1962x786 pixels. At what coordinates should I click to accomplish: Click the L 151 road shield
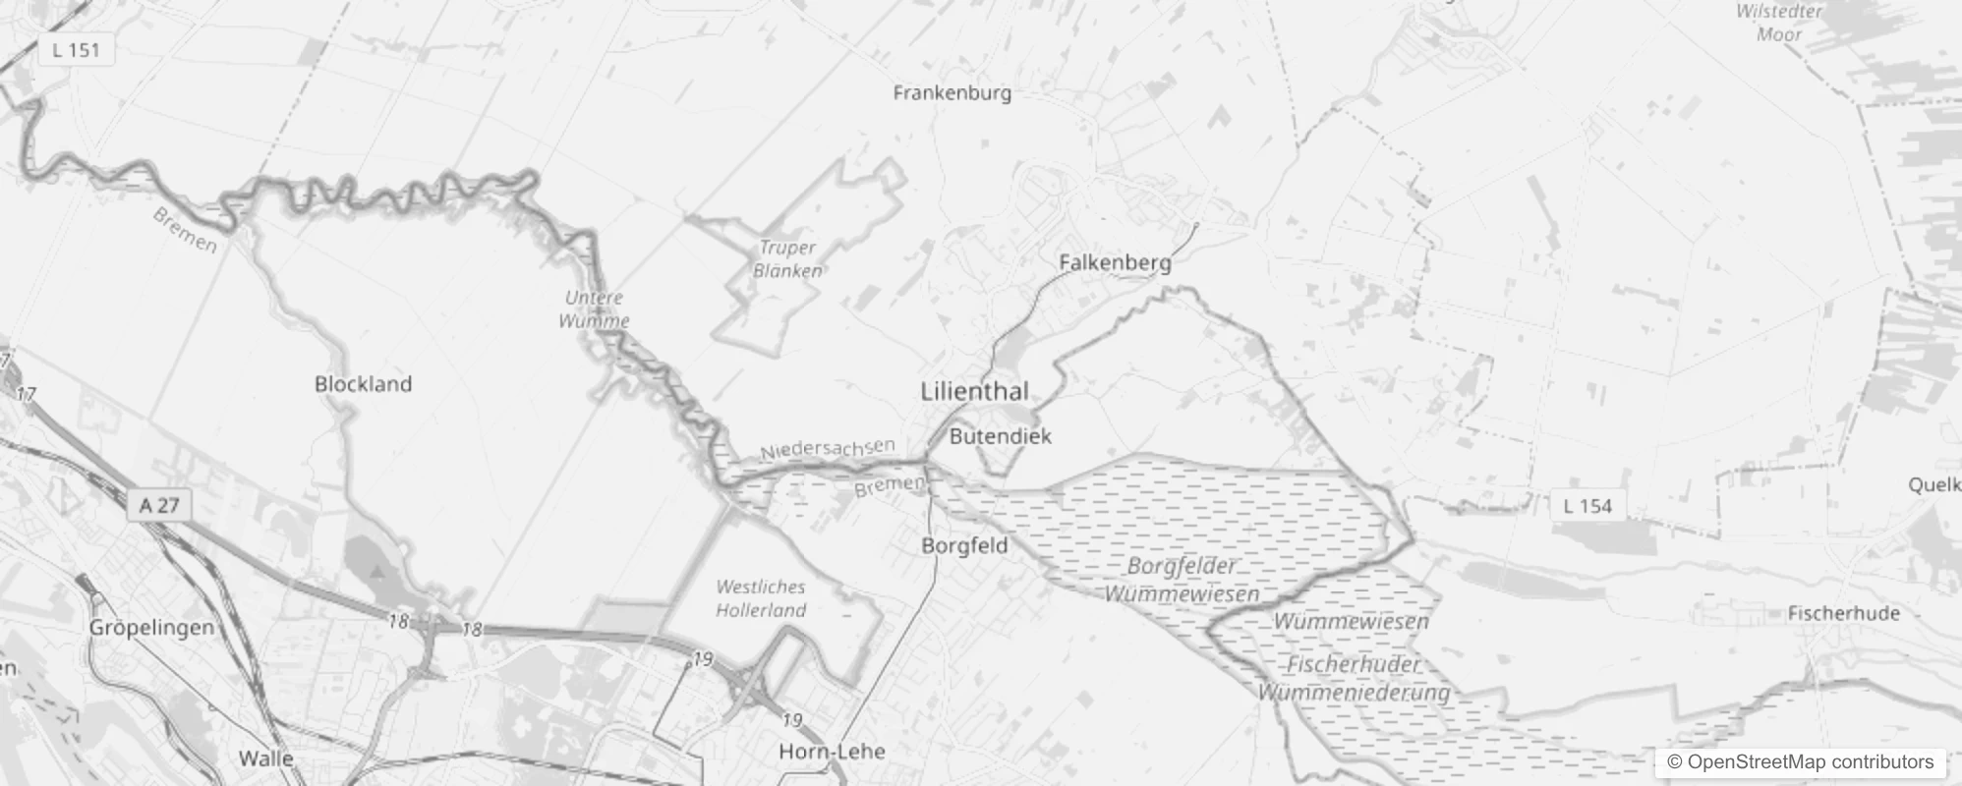77,50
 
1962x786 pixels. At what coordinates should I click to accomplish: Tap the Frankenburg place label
952,93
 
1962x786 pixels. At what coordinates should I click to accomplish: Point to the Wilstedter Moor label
1778,23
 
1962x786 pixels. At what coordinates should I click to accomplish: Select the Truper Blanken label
787,259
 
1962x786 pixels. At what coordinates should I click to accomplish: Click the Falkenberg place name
1115,262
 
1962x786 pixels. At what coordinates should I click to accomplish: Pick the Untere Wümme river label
594,309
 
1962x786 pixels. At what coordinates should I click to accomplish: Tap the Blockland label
363,384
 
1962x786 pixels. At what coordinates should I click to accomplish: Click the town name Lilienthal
974,391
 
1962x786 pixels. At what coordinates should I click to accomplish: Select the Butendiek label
1001,436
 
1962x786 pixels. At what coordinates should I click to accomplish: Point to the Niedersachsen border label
827,449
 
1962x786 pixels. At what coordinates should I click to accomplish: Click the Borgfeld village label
964,545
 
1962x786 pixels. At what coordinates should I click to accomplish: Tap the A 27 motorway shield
159,505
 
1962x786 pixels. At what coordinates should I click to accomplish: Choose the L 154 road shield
1587,506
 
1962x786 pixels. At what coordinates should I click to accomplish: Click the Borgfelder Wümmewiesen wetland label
1182,580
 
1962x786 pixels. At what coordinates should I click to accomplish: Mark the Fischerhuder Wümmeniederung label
1354,678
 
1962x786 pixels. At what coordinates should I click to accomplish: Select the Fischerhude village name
1843,613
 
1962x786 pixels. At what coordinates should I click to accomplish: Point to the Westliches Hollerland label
761,598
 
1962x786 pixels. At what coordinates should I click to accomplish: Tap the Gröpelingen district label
151,627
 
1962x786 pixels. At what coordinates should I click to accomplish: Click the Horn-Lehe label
832,752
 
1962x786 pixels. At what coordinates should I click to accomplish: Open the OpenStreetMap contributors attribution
1799,762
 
